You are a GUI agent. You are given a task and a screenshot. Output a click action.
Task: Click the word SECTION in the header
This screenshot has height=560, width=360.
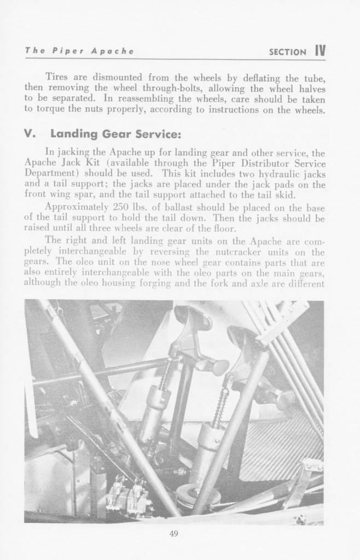[288, 52]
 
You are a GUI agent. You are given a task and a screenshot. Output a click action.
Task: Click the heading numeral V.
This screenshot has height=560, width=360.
[31, 134]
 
